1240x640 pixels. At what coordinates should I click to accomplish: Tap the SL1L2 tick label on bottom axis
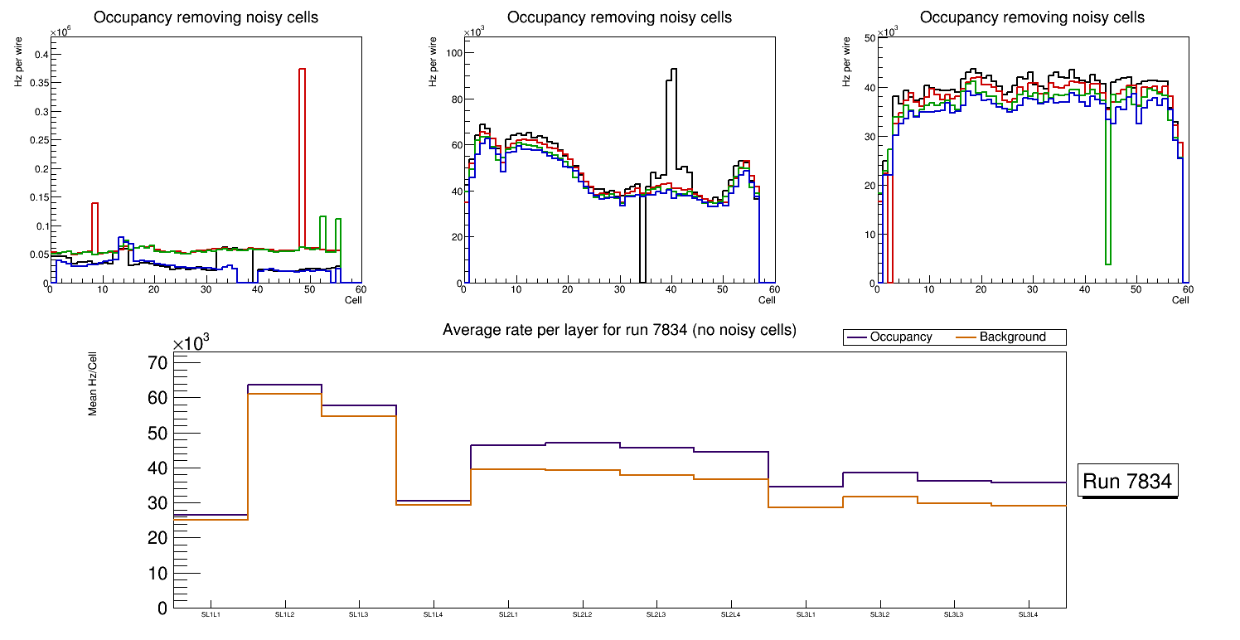coord(285,614)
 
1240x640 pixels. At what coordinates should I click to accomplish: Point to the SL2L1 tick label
coord(508,614)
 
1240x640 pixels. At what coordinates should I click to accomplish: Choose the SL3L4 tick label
coord(1028,614)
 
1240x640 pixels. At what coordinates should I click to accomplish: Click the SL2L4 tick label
coord(730,614)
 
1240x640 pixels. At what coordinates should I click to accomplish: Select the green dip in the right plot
coord(1107,191)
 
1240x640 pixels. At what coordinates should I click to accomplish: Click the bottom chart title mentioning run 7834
coord(619,330)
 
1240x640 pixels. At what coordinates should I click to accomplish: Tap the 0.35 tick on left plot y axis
coord(36,83)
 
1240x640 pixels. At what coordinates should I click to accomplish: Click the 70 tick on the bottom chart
coord(157,363)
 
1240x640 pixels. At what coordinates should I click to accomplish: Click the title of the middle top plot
coord(618,17)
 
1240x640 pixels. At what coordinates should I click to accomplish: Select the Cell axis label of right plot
coord(1179,299)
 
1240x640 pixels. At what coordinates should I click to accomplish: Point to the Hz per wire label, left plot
coord(18,70)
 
